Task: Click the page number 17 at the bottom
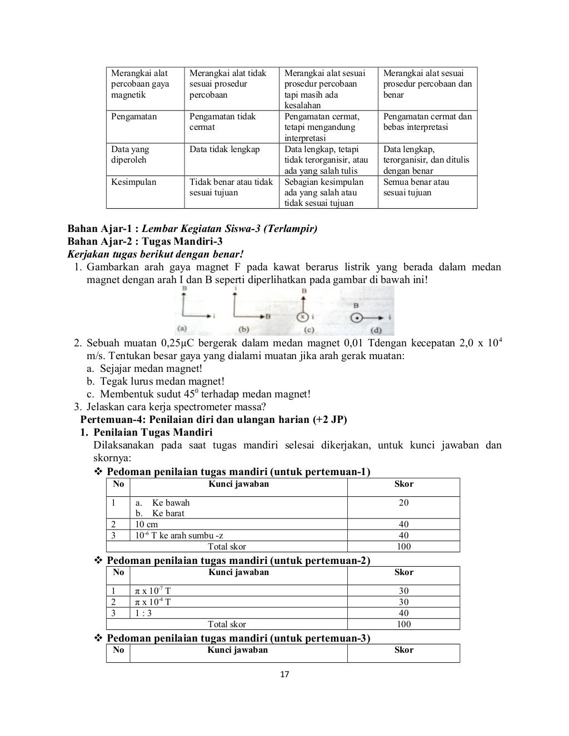284,674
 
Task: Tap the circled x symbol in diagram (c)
303,317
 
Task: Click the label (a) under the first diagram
182,328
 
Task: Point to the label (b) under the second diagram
243,329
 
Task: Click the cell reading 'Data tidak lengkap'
224,149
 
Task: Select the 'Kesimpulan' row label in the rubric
134,182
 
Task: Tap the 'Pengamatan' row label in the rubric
134,117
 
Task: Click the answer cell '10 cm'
147,524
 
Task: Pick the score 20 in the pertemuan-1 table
403,502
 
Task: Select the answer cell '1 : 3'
143,613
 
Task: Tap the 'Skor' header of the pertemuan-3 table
403,649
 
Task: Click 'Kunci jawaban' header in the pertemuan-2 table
238,572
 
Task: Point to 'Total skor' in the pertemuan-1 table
227,546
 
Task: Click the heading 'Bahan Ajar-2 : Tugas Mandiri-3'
144,241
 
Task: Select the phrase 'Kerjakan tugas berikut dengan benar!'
155,254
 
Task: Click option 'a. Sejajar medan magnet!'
144,369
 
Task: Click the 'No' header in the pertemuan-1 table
118,483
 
